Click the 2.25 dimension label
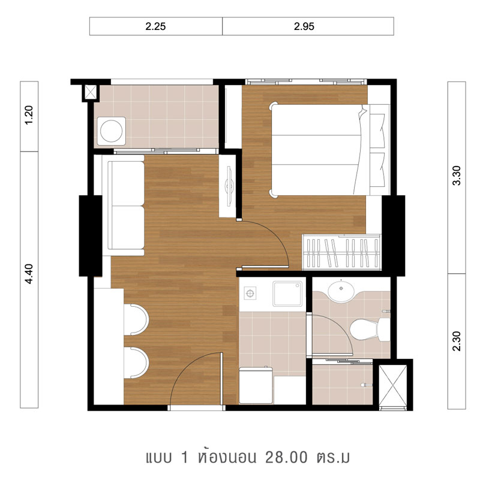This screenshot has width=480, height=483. (x=155, y=26)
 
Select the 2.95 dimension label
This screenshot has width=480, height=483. (x=304, y=26)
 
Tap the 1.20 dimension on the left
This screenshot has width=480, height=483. (x=29, y=115)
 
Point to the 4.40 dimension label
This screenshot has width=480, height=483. (x=29, y=274)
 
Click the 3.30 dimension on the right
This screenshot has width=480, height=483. (x=457, y=175)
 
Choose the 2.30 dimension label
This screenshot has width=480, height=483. (x=457, y=341)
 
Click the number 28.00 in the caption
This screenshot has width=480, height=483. (x=286, y=457)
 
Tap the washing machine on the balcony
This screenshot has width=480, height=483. (x=112, y=131)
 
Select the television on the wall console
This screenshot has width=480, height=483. (x=229, y=186)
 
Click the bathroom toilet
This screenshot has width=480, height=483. (x=370, y=329)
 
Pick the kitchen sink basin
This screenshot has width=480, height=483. (x=287, y=294)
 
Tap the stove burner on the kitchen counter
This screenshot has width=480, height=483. (x=250, y=293)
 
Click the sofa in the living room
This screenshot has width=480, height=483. (x=124, y=205)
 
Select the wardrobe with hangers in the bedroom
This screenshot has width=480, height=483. (x=341, y=252)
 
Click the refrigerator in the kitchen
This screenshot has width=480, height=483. (x=256, y=385)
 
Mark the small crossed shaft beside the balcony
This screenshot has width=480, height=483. (x=91, y=92)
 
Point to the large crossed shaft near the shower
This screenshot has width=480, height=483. (x=393, y=387)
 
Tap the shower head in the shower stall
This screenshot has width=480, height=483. (x=367, y=385)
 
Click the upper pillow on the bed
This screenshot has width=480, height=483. (x=377, y=131)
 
